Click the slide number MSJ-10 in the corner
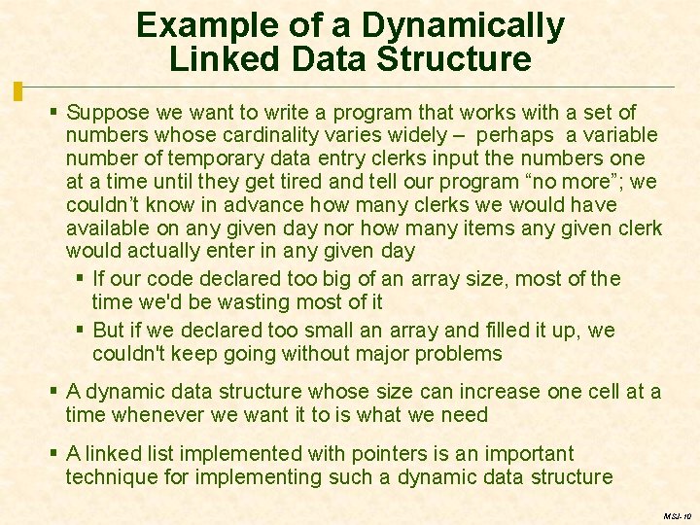tap(675, 516)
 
